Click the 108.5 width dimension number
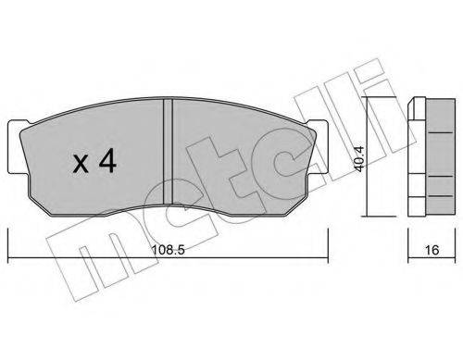[168, 250]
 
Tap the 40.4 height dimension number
[360, 158]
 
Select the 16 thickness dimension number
[432, 250]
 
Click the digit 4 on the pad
[107, 160]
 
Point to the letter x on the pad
[81, 164]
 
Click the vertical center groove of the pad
[168, 151]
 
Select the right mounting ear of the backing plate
[318, 147]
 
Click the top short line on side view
[441, 132]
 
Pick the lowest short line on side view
[441, 195]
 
